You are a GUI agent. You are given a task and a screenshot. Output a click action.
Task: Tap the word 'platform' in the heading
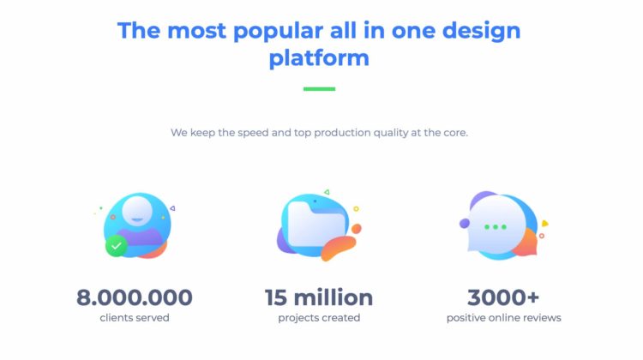[x=319, y=57]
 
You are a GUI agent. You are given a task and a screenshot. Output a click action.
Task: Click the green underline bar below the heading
[x=319, y=89]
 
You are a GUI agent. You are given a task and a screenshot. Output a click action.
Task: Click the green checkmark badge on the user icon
[x=117, y=246]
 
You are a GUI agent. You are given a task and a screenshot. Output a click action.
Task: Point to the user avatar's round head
[x=137, y=211]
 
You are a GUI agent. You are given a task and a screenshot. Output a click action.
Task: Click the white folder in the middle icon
[x=316, y=225]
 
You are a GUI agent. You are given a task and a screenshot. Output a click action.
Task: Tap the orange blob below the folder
[x=339, y=248]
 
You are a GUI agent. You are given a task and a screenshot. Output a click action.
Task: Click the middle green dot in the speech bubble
[x=496, y=227]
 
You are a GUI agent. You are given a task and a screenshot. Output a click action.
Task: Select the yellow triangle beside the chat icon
[x=544, y=224]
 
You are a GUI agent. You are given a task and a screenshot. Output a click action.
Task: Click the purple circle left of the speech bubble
[x=465, y=224]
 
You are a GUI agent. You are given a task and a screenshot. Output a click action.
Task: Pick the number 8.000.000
[x=135, y=297]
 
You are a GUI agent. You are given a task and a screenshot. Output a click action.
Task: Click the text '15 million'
[x=319, y=297]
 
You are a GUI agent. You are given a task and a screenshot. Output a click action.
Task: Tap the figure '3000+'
[x=503, y=297]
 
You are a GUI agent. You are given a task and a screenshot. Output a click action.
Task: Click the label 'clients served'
[x=135, y=318]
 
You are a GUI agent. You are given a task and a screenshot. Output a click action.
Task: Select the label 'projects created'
[x=319, y=318]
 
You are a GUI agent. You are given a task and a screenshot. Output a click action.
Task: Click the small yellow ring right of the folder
[x=356, y=208]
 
